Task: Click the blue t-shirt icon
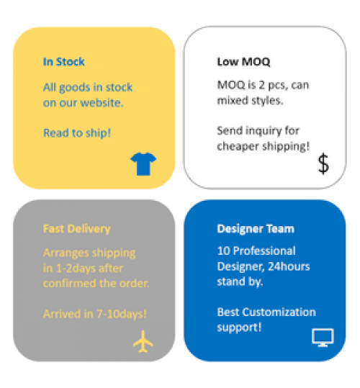click(x=143, y=164)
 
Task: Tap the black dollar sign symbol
click(x=323, y=163)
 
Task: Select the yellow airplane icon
click(x=143, y=342)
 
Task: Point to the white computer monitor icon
click(x=323, y=338)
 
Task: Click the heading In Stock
click(x=64, y=62)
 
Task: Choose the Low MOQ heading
click(x=243, y=62)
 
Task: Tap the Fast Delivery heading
click(x=77, y=229)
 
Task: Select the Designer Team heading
click(x=256, y=229)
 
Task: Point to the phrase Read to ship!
click(x=77, y=133)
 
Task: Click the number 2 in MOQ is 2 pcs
click(x=262, y=85)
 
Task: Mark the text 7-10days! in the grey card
click(x=122, y=314)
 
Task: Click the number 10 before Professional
click(x=224, y=251)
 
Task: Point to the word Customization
click(x=279, y=312)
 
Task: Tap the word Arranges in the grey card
click(x=66, y=253)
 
